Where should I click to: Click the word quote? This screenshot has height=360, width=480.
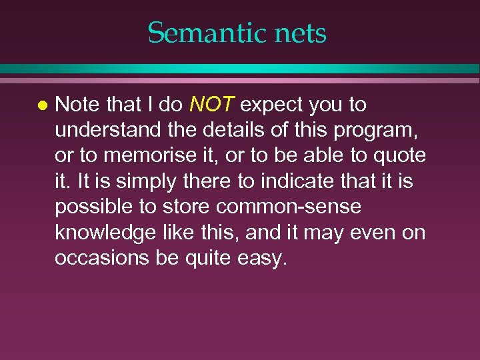[x=401, y=155]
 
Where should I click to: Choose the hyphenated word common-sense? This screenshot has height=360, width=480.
[x=289, y=207]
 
